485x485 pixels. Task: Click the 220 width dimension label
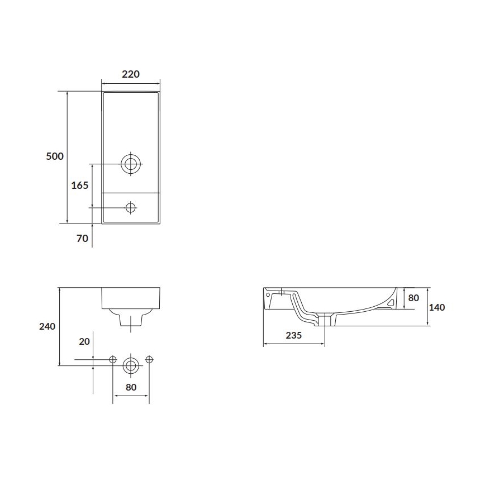131,74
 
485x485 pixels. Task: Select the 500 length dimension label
54,156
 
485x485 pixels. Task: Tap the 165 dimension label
80,186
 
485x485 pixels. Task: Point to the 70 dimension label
82,239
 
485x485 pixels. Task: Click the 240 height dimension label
47,326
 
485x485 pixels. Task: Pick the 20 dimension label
84,342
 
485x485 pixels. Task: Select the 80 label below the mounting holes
131,387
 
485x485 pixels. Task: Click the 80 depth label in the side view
413,298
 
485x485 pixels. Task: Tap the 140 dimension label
436,307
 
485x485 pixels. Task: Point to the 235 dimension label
293,335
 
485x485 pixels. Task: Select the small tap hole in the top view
131,207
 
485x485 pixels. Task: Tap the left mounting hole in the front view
113,359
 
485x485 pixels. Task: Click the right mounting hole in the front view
149,359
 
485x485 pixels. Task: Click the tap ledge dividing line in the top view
131,193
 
